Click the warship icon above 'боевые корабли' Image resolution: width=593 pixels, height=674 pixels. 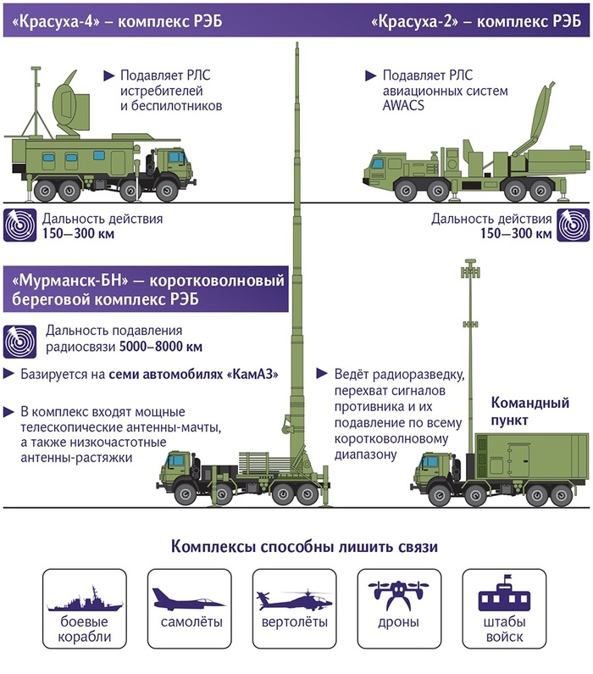pos(80,603)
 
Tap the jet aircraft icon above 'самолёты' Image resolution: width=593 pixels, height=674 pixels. pos(186,600)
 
